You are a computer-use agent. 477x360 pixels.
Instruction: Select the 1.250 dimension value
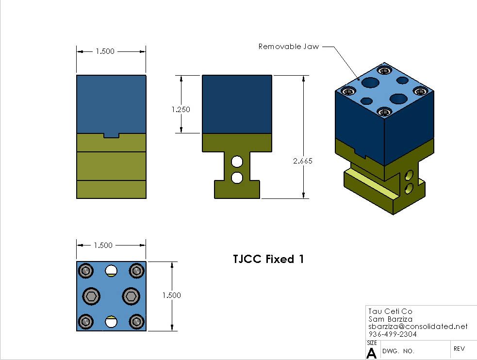coord(181,109)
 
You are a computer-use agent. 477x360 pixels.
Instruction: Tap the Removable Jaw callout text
coord(288,47)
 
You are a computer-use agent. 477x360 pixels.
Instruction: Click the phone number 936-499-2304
coord(392,334)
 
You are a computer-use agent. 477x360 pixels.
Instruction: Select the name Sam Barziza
coord(391,319)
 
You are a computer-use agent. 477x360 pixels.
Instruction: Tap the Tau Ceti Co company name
coord(390,311)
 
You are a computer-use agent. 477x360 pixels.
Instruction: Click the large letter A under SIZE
coord(371,353)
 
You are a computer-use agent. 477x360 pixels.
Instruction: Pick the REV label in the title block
coord(460,348)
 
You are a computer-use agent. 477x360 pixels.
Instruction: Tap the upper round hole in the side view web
coord(237,161)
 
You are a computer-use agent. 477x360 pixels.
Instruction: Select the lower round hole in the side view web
coord(237,178)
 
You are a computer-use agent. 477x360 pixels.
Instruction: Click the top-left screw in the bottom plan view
coord(87,271)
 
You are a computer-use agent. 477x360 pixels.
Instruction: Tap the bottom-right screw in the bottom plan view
coord(136,321)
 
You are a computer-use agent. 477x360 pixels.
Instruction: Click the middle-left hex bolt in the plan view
coord(91,295)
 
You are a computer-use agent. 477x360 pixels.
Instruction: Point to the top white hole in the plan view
coord(112,270)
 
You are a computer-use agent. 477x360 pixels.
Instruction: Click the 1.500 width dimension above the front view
coord(105,51)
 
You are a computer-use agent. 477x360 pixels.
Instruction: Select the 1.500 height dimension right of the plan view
coord(171,295)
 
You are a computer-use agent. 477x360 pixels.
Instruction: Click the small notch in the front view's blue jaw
coord(112,135)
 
